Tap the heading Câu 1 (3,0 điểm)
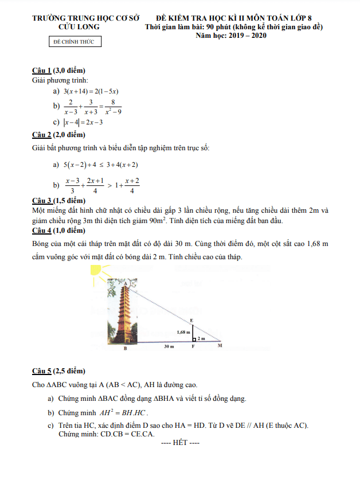pyautogui.click(x=58, y=71)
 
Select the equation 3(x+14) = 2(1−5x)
pyautogui.click(x=91, y=91)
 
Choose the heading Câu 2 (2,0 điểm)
pyautogui.click(x=58, y=135)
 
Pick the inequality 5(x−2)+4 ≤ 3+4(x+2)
pyautogui.click(x=100, y=165)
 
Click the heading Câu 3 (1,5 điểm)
pyautogui.click(x=58, y=201)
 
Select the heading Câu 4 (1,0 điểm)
pyautogui.click(x=58, y=231)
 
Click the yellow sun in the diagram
pyautogui.click(x=96, y=270)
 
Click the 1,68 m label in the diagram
pyautogui.click(x=183, y=332)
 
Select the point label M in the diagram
pyautogui.click(x=220, y=346)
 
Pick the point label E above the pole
pyautogui.click(x=191, y=320)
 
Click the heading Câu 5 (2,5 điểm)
pyautogui.click(x=58, y=370)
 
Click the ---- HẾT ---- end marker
pyautogui.click(x=180, y=443)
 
